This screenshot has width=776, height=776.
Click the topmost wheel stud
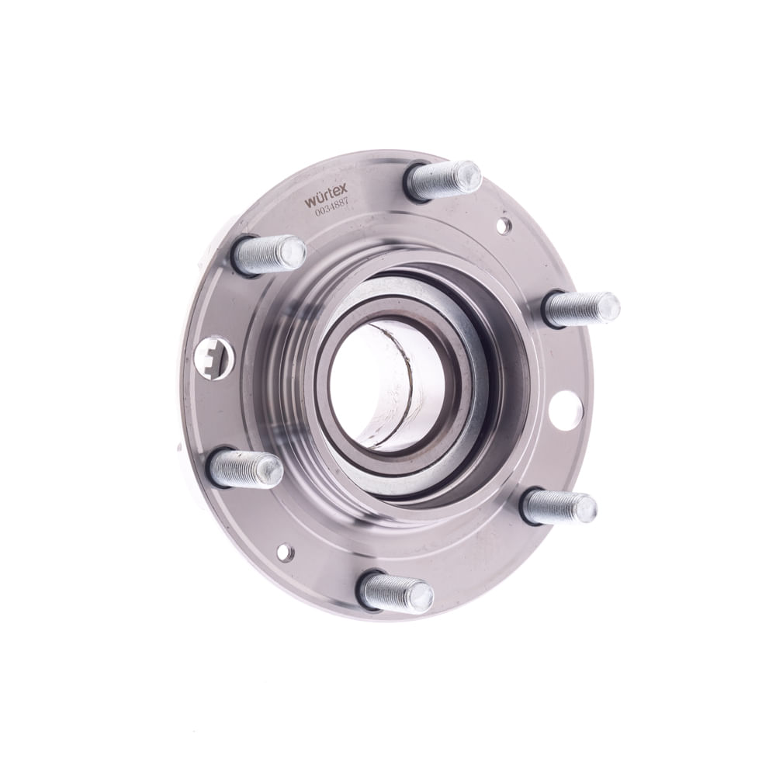tap(443, 180)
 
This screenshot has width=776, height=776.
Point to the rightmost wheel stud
tap(581, 310)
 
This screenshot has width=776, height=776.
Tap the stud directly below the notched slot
tap(245, 468)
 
